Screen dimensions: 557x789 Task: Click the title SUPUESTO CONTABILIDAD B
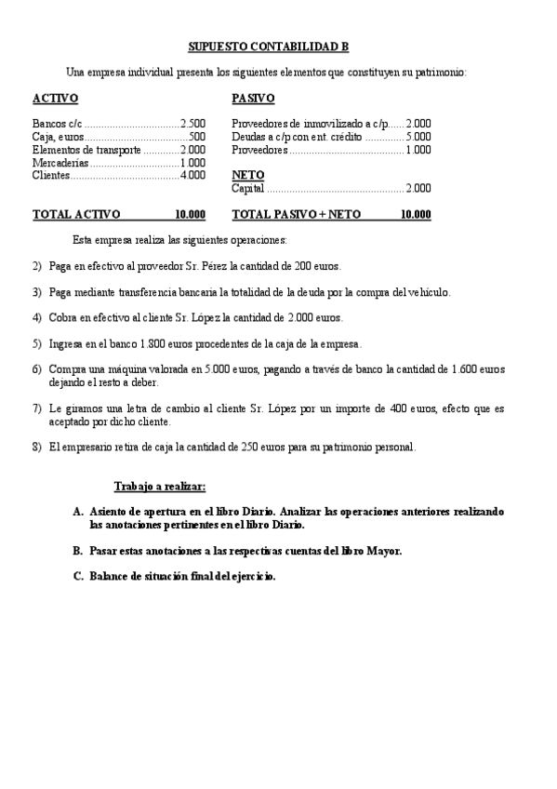[269, 46]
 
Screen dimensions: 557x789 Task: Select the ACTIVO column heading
[55, 98]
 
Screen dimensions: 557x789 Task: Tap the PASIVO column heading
[253, 98]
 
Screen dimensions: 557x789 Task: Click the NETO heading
[247, 174]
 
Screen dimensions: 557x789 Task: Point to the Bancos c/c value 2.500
[192, 123]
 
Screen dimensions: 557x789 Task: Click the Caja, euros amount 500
[197, 136]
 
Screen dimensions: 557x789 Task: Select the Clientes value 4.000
[192, 175]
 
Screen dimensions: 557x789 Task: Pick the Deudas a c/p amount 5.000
[418, 136]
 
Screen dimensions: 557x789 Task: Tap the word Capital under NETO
[248, 188]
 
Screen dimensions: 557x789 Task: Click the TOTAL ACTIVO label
[76, 214]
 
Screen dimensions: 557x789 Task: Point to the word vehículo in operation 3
[421, 292]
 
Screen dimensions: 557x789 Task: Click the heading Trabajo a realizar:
[160, 487]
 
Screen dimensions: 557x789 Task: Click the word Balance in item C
[112, 576]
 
